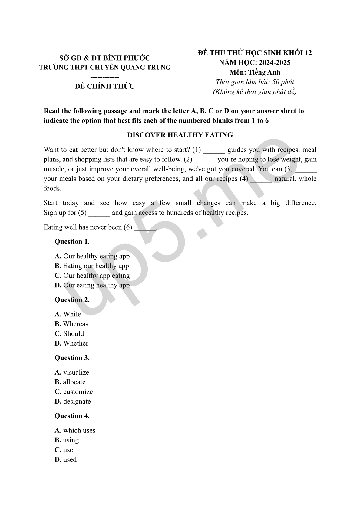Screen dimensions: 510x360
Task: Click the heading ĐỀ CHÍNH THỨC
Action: click(105, 86)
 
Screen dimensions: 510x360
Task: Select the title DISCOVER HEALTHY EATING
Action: click(180, 135)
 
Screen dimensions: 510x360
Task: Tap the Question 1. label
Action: click(72, 242)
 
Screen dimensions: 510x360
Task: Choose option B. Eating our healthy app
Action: click(92, 266)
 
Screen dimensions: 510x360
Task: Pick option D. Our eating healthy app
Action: click(92, 285)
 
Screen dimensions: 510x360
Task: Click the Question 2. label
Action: click(72, 300)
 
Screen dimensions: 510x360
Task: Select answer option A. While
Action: click(68, 314)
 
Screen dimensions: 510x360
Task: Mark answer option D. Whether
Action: click(71, 343)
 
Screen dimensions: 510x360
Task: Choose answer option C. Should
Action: click(69, 334)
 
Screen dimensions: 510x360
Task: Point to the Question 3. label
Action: click(72, 358)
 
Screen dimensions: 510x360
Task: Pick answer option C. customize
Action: click(74, 392)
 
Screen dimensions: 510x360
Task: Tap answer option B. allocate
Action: click(70, 382)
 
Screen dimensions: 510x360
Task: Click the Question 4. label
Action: click(72, 416)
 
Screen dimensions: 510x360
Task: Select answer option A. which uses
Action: click(75, 431)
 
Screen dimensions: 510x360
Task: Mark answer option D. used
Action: click(66, 460)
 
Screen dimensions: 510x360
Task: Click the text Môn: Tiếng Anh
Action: click(255, 72)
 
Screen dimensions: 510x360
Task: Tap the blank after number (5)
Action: click(99, 213)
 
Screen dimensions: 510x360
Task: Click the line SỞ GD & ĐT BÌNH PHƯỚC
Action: click(105, 58)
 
